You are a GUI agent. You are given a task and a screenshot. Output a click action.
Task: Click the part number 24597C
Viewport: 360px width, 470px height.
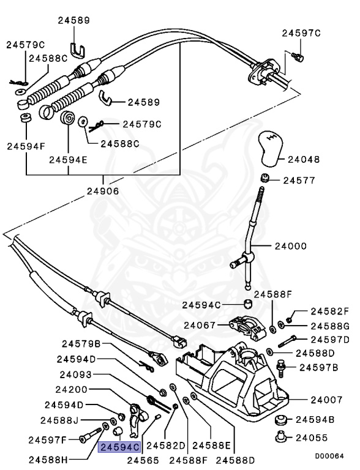[301, 33]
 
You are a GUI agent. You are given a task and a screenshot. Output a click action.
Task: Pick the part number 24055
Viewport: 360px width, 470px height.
[313, 438]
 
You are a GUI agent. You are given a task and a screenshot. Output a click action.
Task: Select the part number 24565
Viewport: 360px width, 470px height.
[143, 461]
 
